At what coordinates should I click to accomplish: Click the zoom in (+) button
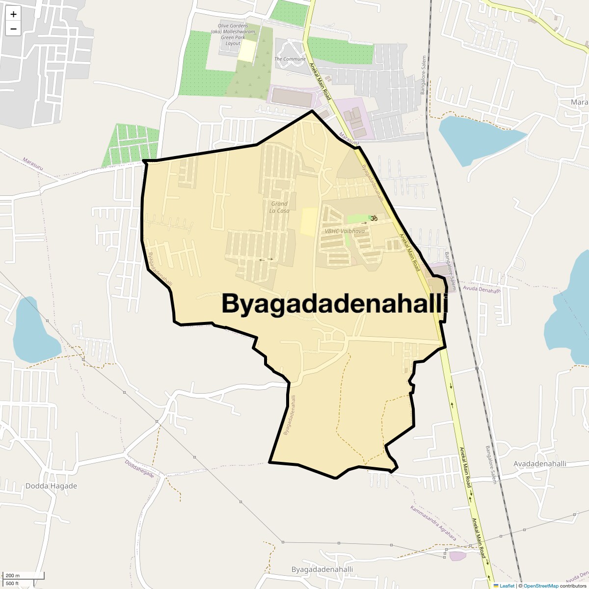pyautogui.click(x=13, y=14)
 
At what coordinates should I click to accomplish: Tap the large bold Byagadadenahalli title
pyautogui.click(x=335, y=303)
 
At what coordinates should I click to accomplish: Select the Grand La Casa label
pyautogui.click(x=279, y=207)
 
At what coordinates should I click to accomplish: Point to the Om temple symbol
pyautogui.click(x=374, y=218)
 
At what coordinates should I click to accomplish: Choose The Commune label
pyautogui.click(x=290, y=59)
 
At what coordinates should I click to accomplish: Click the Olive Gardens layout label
pyautogui.click(x=233, y=34)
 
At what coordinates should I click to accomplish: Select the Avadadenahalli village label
pyautogui.click(x=540, y=464)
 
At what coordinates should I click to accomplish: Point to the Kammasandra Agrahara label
pyautogui.click(x=433, y=523)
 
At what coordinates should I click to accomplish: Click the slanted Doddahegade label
pyautogui.click(x=139, y=469)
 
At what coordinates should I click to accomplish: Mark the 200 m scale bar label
pyautogui.click(x=13, y=576)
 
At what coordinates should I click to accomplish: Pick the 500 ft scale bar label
pyautogui.click(x=12, y=583)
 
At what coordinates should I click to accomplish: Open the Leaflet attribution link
pyautogui.click(x=507, y=586)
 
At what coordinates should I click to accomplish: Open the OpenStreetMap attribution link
pyautogui.click(x=540, y=586)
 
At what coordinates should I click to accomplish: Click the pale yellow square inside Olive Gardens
pyautogui.click(x=247, y=51)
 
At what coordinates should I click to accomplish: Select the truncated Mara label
pyautogui.click(x=579, y=102)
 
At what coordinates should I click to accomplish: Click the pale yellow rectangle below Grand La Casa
pyautogui.click(x=309, y=221)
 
